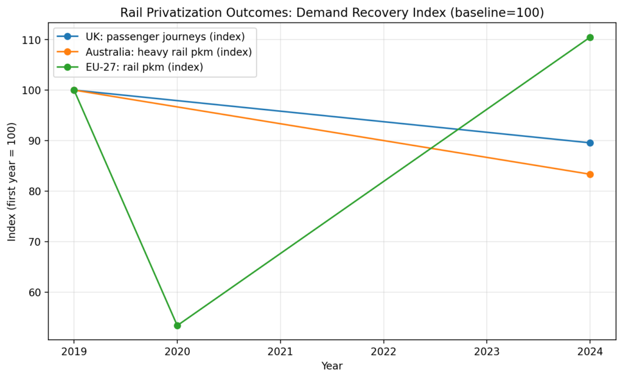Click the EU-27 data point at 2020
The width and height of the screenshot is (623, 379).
coord(177,325)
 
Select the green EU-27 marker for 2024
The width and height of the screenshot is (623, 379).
coord(590,38)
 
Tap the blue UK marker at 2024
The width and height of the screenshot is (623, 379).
coord(590,143)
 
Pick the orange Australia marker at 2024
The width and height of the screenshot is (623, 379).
coord(590,175)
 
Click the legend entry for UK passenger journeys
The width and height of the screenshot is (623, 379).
coord(164,37)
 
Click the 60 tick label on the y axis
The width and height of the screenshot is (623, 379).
coord(35,293)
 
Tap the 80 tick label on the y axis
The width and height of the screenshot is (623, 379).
coord(35,192)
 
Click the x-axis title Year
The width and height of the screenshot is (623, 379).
coord(332,366)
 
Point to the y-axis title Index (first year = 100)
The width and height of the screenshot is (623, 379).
coord(12,184)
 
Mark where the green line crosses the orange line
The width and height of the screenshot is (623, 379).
coord(431,148)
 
